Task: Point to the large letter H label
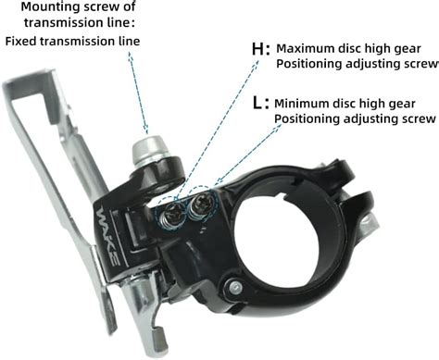pos(259,48)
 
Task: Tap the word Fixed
pos(23,41)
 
